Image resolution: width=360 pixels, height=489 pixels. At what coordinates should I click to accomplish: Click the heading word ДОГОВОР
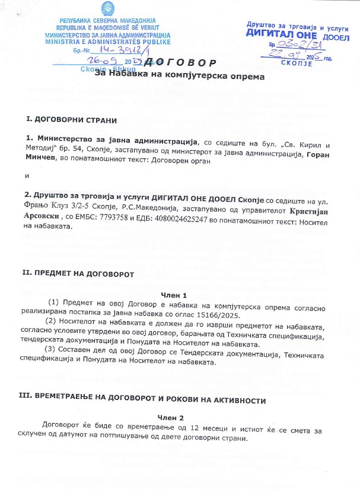187,63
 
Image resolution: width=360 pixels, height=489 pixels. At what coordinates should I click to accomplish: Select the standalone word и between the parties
26,175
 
